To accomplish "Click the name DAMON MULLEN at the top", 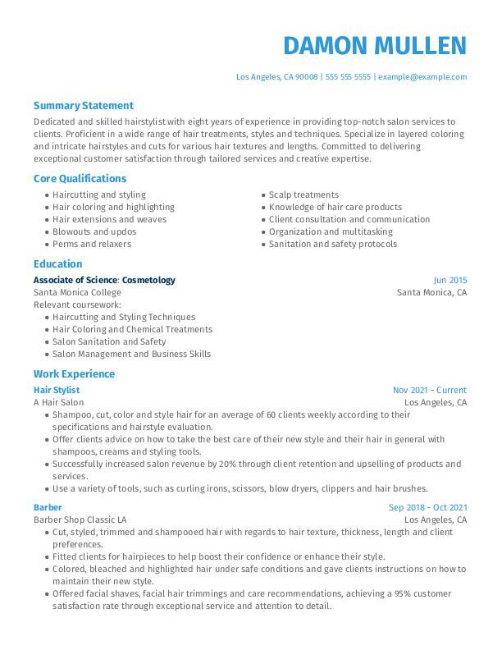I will tap(374, 45).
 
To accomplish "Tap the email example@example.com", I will tap(422, 77).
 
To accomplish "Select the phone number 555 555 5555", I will tap(348, 77).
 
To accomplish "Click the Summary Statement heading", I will tap(83, 106).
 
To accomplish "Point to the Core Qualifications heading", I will tap(80, 178).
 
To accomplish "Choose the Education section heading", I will tap(57, 264).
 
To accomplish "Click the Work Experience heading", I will tap(74, 374).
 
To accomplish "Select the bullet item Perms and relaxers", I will tap(91, 244).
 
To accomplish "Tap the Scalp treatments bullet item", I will tap(303, 195).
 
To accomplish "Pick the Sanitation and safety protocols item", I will tap(332, 244).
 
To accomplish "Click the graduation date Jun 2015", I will tap(450, 280).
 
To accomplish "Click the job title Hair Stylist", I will tap(57, 390).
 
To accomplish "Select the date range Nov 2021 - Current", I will tap(429, 390).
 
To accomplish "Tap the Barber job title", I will tap(48, 507).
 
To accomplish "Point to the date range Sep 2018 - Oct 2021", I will tap(427, 507).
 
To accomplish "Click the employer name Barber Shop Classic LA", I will tap(80, 520).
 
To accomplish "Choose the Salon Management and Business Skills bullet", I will tap(131, 354).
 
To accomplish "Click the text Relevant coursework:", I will tap(71, 304).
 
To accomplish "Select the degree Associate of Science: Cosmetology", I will tap(104, 280).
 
